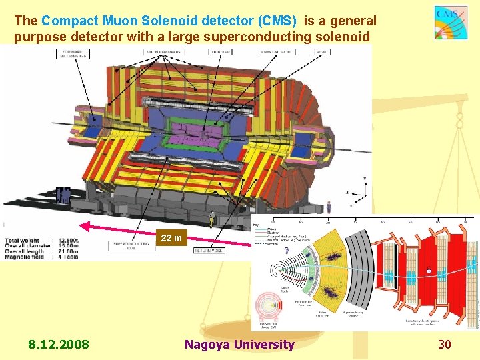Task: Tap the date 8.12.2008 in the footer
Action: click(58, 345)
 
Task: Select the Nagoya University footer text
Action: click(239, 345)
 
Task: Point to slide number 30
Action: click(445, 345)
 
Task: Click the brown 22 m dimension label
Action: click(171, 239)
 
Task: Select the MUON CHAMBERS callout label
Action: click(163, 51)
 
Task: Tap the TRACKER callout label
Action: click(220, 51)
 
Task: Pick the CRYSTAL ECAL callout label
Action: click(269, 51)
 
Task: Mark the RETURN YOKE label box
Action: click(208, 251)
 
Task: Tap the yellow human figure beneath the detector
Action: click(212, 218)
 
